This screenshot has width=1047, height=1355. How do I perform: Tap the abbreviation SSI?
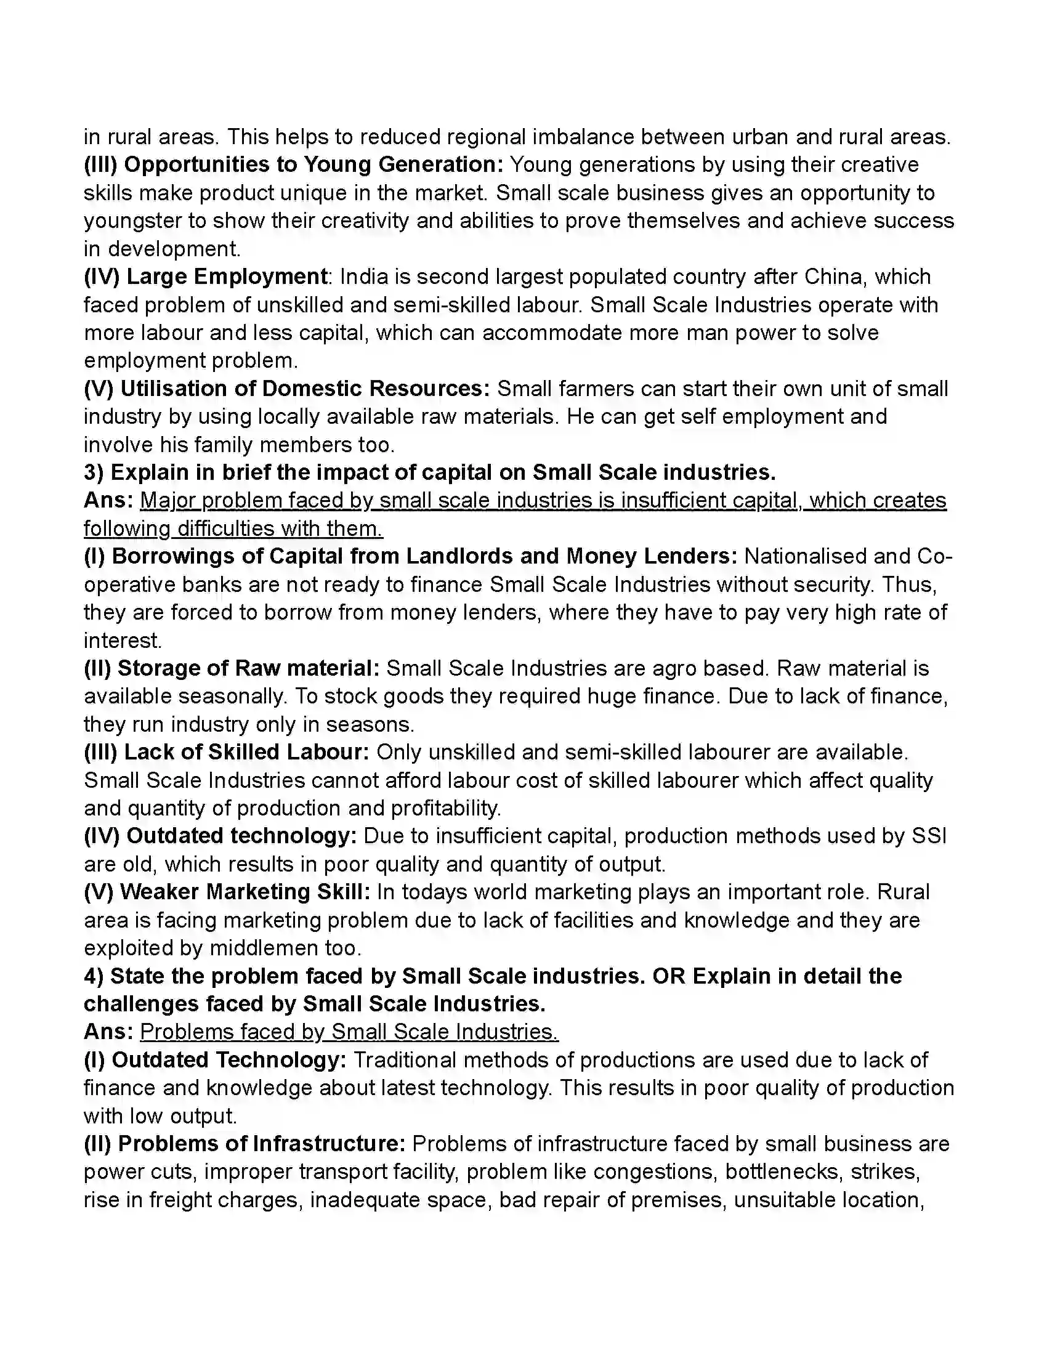tap(929, 836)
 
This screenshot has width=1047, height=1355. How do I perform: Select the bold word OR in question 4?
tap(669, 976)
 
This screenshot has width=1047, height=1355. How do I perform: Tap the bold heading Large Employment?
tap(227, 277)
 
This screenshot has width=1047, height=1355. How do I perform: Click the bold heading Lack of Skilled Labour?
tap(246, 753)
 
